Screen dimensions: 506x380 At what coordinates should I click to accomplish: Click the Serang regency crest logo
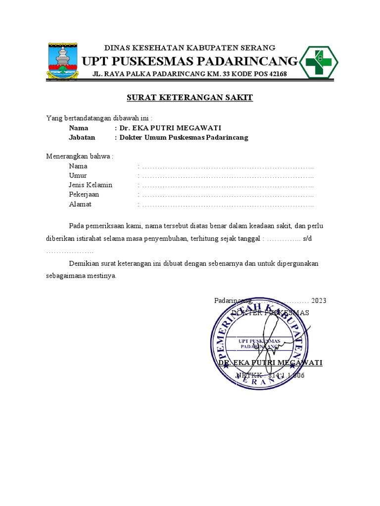[x=62, y=61]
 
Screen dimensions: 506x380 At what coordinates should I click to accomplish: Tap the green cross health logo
[x=320, y=62]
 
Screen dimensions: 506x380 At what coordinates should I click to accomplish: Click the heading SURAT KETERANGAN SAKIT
[x=190, y=98]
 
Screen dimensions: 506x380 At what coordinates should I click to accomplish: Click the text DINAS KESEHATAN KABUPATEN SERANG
[x=190, y=48]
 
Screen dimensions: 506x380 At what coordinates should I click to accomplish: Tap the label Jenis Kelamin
[x=91, y=185]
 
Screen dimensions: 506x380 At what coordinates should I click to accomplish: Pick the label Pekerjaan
[x=84, y=195]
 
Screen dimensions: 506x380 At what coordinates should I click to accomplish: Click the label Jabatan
[x=82, y=138]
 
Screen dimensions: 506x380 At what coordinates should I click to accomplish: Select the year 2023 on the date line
[x=319, y=301]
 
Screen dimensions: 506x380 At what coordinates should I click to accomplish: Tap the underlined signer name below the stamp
[x=270, y=363]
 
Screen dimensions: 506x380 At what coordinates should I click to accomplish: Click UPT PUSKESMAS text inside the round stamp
[x=259, y=341]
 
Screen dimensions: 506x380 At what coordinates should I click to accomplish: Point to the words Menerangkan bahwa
[x=79, y=157]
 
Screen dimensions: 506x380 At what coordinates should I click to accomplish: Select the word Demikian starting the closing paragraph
[x=84, y=263]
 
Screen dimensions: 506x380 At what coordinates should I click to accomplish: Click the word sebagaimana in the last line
[x=65, y=275]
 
